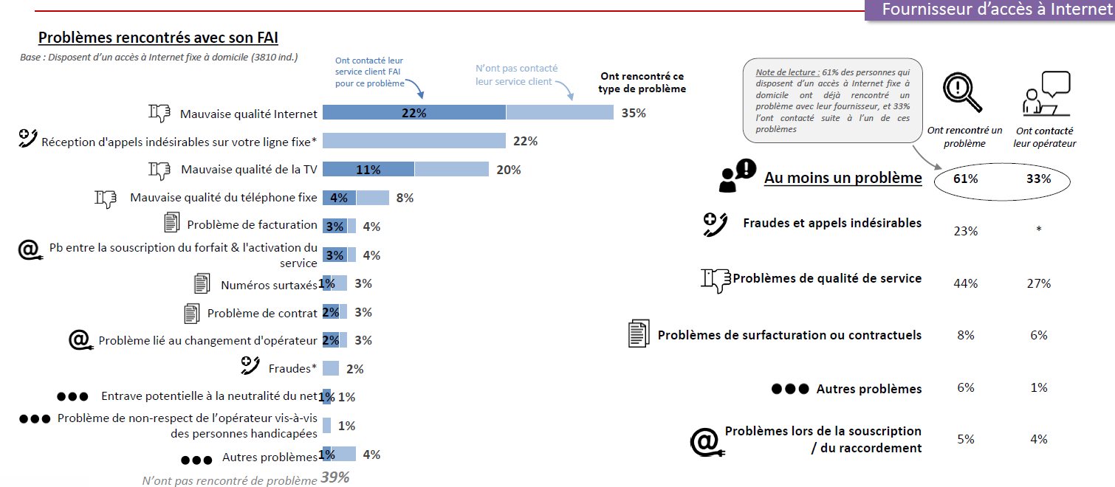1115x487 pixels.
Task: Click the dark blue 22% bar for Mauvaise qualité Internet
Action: pyautogui.click(x=414, y=113)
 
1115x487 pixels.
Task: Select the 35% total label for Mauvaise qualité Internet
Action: pyautogui.click(x=634, y=113)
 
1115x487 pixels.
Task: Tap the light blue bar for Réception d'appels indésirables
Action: pyautogui.click(x=414, y=141)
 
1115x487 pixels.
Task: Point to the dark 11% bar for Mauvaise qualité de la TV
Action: pyautogui.click(x=368, y=170)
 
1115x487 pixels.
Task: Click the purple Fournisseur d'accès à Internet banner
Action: pyautogui.click(x=989, y=10)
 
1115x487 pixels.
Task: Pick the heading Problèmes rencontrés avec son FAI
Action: pyautogui.click(x=158, y=38)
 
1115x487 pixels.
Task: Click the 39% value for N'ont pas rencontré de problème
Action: pyautogui.click(x=334, y=477)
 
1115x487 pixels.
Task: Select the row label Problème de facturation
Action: pyautogui.click(x=252, y=224)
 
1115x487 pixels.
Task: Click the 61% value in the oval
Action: pyautogui.click(x=966, y=179)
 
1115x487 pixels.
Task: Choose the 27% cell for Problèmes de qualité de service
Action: pyautogui.click(x=1038, y=283)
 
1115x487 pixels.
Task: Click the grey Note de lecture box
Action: pyautogui.click(x=832, y=100)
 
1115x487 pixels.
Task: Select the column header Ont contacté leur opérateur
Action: pyautogui.click(x=1044, y=137)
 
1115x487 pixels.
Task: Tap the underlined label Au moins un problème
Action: pyautogui.click(x=843, y=178)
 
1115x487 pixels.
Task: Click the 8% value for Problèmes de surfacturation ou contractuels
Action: pyautogui.click(x=966, y=335)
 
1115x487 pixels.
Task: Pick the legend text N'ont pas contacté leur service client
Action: pyautogui.click(x=516, y=75)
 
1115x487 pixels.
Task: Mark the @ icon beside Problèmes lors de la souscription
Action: pyautogui.click(x=704, y=441)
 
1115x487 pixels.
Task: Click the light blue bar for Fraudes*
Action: pyautogui.click(x=331, y=368)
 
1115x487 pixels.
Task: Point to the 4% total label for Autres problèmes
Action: pyautogui.click(x=371, y=455)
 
